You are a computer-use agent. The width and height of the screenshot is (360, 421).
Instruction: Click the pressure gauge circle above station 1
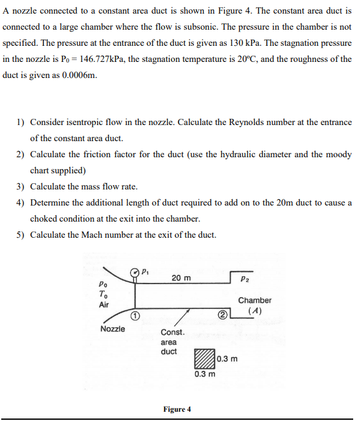(133, 272)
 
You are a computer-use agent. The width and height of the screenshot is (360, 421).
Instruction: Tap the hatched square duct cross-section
(204, 359)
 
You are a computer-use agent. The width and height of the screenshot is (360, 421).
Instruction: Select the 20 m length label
(180, 278)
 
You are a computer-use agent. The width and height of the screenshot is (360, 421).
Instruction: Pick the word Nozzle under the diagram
(112, 329)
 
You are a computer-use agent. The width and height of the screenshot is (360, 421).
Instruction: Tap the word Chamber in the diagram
(254, 300)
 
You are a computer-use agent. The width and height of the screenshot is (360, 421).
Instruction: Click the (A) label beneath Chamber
(253, 311)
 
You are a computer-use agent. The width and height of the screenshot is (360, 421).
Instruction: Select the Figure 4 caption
(177, 409)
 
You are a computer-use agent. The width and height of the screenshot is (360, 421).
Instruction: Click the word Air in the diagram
(103, 305)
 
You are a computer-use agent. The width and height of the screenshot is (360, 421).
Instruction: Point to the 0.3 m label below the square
(204, 374)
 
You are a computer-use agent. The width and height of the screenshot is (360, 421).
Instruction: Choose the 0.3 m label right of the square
(227, 359)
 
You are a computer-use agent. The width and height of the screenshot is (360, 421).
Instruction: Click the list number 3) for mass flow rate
(21, 186)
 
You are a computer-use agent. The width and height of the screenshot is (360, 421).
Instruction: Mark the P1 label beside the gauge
(145, 271)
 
